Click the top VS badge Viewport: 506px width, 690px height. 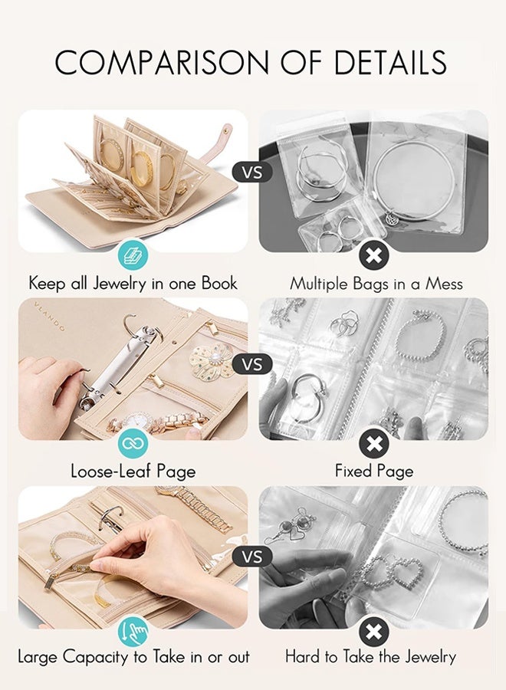click(252, 172)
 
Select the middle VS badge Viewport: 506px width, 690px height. click(252, 363)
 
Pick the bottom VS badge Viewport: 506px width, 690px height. click(252, 555)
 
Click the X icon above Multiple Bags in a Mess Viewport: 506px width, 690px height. click(373, 255)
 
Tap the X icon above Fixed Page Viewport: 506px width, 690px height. click(373, 442)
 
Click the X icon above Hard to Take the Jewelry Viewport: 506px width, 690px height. click(373, 632)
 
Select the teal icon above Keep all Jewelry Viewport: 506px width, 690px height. click(133, 255)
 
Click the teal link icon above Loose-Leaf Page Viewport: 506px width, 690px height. click(133, 442)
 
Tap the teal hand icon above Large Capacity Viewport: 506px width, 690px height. click(133, 632)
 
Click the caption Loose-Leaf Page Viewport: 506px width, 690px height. click(133, 472)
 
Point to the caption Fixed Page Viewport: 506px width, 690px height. click(374, 472)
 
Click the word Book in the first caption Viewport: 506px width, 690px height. click(219, 283)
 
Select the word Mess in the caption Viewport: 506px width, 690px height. click(442, 284)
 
